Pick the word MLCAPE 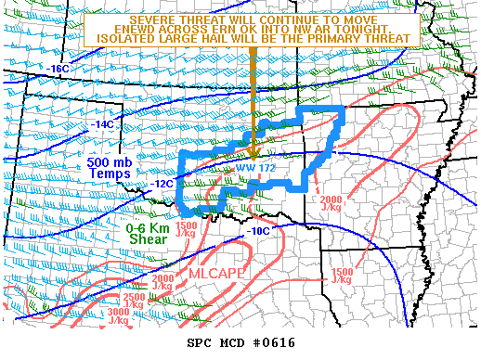(x=216, y=276)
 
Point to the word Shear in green (x=146, y=241)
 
